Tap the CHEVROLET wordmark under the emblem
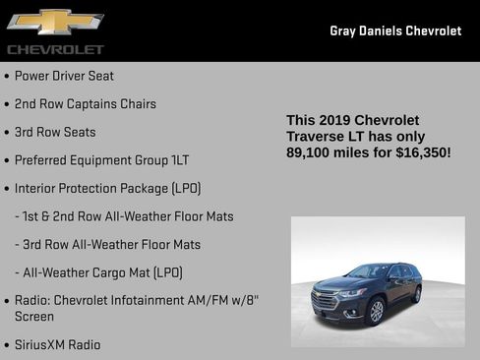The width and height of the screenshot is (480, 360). pyautogui.click(x=55, y=48)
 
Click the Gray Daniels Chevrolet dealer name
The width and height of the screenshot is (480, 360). pyautogui.click(x=395, y=30)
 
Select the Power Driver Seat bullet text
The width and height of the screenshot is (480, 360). pyautogui.click(x=64, y=76)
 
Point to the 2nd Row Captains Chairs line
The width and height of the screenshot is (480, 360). pyautogui.click(x=85, y=103)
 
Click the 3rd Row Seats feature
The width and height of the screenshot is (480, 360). pyautogui.click(x=55, y=131)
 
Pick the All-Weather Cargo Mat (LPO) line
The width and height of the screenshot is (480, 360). pyautogui.click(x=104, y=271)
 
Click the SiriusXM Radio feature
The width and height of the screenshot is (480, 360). pyautogui.click(x=57, y=344)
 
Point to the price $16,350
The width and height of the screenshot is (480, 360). pyautogui.click(x=422, y=152)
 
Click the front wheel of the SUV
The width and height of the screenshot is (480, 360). pyautogui.click(x=375, y=312)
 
